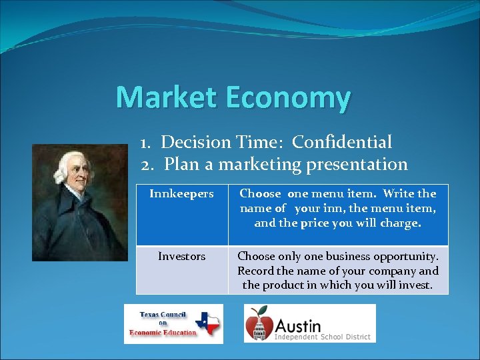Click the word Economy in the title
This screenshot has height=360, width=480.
287,98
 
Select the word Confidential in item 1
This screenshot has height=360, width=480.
342,142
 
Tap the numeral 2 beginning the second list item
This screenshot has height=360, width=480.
147,163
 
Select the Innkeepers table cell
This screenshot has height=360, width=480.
181,194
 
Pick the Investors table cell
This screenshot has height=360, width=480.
181,256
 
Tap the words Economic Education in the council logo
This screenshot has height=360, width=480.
163,333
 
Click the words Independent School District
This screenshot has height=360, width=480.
322,337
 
